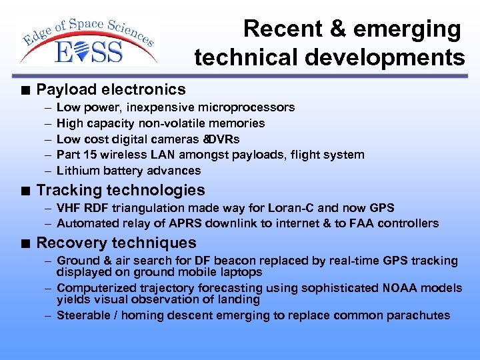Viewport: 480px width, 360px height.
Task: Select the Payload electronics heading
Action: pyautogui.click(x=111, y=89)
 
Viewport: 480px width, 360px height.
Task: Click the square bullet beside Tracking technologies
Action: pyautogui.click(x=25, y=191)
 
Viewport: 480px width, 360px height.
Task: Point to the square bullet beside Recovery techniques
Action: pyautogui.click(x=25, y=243)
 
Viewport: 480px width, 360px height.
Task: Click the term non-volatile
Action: pyautogui.click(x=176, y=123)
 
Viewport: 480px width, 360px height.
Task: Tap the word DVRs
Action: pyautogui.click(x=224, y=139)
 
